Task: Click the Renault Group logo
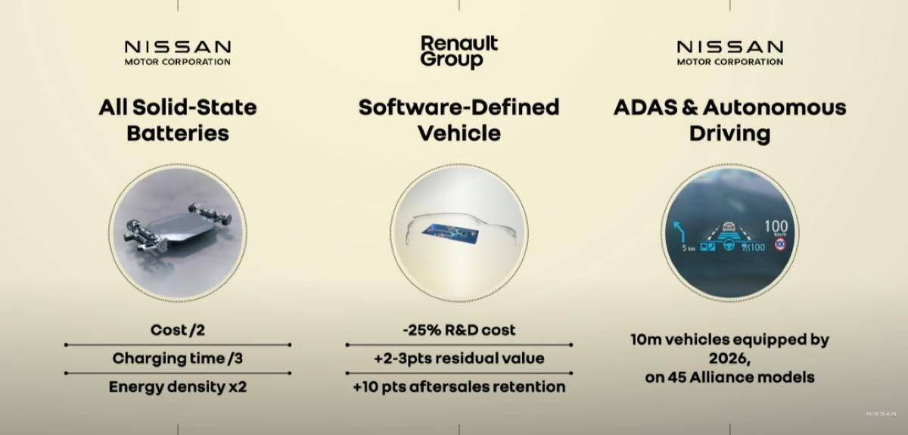[459, 51]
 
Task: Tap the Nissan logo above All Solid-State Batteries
[178, 53]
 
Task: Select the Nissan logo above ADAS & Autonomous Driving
[729, 53]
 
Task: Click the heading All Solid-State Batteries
[178, 120]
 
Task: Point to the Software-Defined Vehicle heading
[459, 120]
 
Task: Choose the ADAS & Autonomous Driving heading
[729, 120]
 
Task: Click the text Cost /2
[178, 330]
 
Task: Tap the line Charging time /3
[178, 359]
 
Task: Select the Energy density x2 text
[178, 387]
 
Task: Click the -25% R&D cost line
[459, 330]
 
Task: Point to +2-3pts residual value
[459, 359]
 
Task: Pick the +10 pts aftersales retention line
[459, 387]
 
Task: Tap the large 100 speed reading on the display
[776, 225]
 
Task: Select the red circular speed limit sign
[780, 244]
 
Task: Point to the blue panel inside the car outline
[450, 235]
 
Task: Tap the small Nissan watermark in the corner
[882, 414]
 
